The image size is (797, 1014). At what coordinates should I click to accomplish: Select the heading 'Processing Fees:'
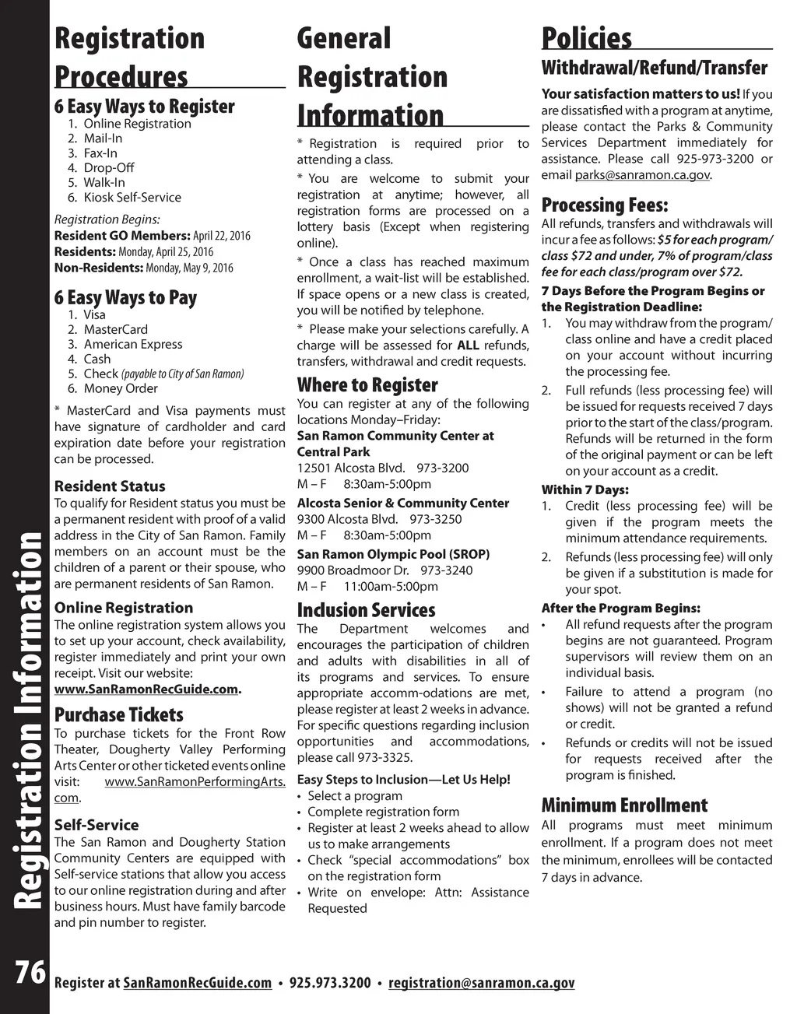(605, 205)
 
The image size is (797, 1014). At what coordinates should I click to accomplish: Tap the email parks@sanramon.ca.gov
(642, 175)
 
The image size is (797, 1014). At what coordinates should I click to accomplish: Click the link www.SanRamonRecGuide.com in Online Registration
(146, 689)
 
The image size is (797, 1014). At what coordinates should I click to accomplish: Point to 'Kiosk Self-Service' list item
(132, 198)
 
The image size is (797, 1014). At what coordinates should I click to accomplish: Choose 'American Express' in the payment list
(133, 344)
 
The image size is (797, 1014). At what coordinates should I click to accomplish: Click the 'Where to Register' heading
(367, 385)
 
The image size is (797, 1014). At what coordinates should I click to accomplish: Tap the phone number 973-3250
(435, 519)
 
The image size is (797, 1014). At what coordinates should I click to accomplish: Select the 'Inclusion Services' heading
(366, 610)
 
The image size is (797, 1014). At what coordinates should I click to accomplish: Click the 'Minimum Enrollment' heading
(624, 805)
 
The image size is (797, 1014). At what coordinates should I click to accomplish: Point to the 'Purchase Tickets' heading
(119, 715)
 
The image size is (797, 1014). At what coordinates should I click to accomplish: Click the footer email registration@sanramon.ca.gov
(481, 983)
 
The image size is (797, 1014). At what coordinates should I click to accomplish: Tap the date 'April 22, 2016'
(222, 236)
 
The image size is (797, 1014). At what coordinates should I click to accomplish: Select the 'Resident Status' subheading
(110, 486)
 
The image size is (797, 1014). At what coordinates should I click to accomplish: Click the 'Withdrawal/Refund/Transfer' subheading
(655, 68)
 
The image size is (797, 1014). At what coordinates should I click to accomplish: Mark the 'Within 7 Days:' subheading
(585, 489)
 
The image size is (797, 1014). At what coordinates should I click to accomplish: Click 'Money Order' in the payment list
(121, 388)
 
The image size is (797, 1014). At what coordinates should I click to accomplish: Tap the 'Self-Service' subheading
(97, 825)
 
